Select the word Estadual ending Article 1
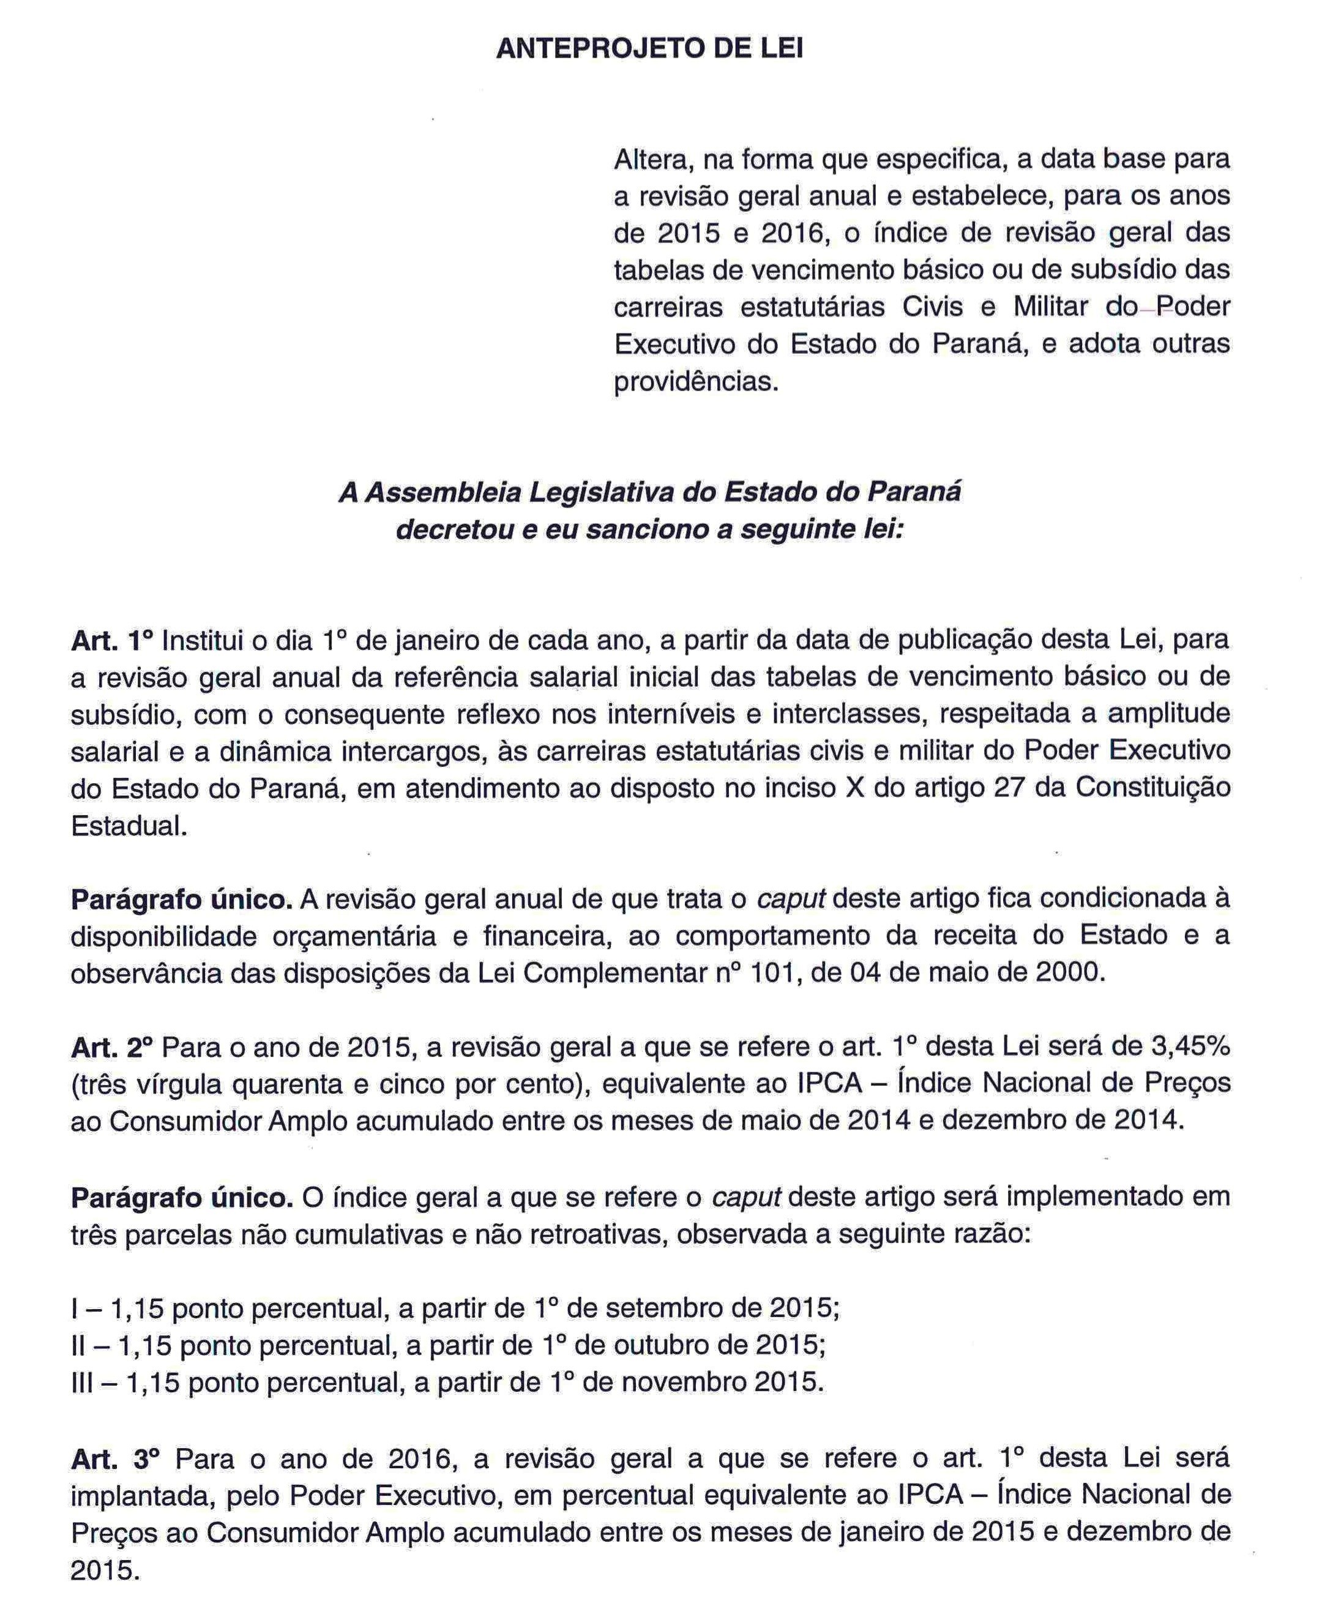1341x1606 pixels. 128,826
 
